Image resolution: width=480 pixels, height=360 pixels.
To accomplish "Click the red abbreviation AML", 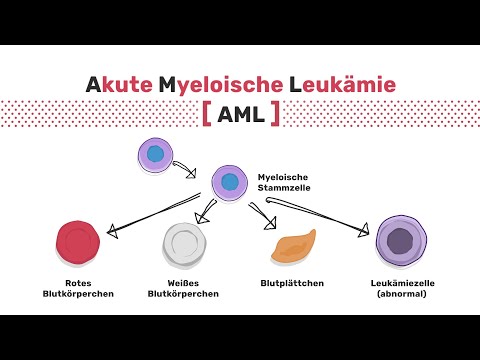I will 240,115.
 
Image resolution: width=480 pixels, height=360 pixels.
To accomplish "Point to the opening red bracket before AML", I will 207,115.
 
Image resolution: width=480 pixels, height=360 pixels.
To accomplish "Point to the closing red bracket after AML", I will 274,115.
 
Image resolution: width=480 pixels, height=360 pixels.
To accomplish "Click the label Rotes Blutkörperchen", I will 81,289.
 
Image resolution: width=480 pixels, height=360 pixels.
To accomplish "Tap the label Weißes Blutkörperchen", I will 185,289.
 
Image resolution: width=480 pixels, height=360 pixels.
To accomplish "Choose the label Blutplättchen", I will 291,284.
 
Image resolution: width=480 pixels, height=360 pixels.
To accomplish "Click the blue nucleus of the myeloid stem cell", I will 230,182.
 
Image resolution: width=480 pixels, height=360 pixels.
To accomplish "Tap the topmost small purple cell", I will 154,154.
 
